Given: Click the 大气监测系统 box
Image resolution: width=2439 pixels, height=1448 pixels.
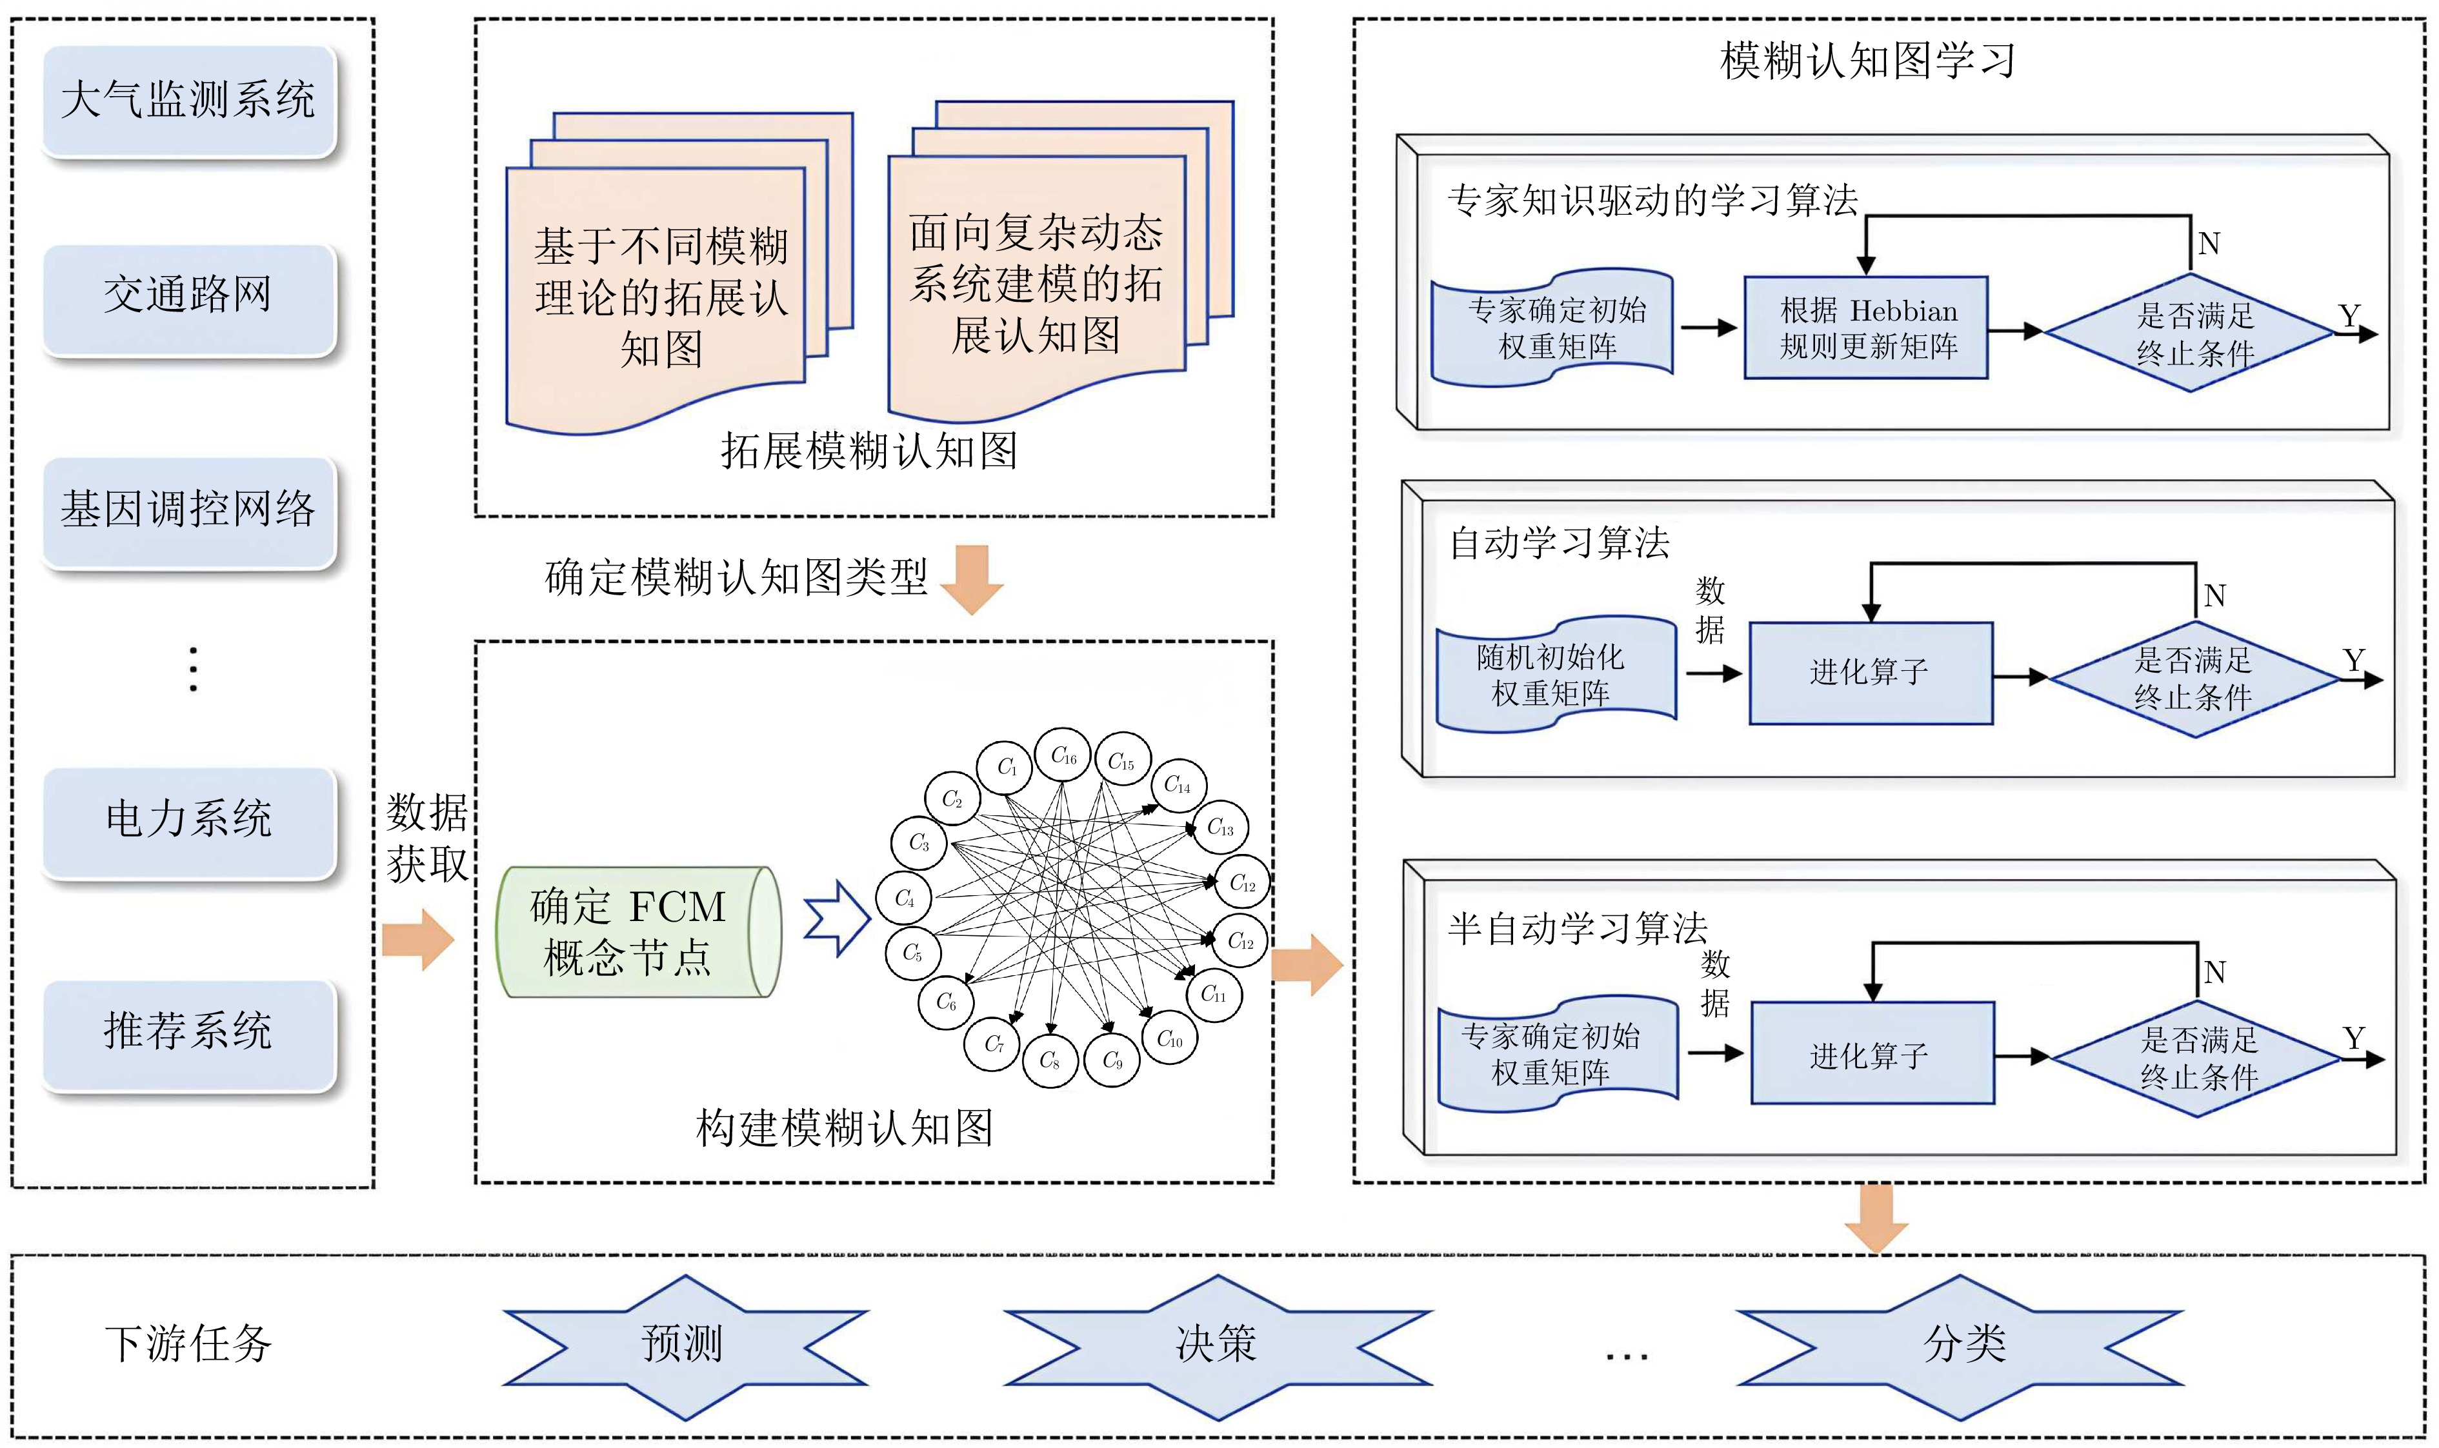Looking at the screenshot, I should coord(189,101).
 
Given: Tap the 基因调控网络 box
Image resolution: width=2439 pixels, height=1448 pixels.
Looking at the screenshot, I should coord(189,510).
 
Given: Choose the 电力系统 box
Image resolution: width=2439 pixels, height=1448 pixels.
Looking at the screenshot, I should coord(189,820).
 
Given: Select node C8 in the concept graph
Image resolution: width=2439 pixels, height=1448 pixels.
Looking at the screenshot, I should coord(1050,1060).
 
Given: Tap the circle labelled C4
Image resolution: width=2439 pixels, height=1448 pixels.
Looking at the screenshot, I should coord(905,898).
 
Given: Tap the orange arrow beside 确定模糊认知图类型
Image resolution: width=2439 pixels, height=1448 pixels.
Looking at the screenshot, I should coord(972,579).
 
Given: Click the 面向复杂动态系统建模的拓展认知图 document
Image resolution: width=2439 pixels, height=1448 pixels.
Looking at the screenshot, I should coord(1036,283).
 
